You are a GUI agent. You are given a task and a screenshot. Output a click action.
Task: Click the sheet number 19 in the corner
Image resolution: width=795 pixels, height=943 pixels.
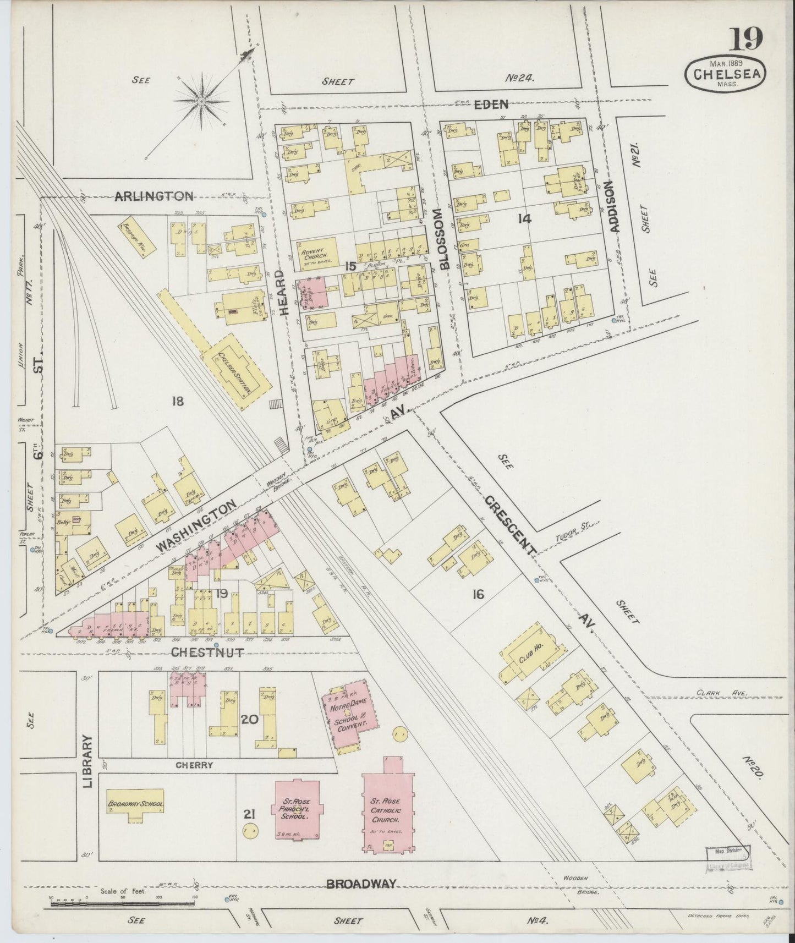pyautogui.click(x=747, y=39)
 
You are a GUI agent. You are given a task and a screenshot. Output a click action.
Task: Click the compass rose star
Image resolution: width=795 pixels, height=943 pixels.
pyautogui.click(x=201, y=101)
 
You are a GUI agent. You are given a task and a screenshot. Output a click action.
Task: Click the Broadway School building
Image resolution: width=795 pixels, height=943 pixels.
pyautogui.click(x=135, y=805)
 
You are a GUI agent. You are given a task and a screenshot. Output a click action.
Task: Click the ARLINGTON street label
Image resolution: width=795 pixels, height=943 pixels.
pyautogui.click(x=154, y=196)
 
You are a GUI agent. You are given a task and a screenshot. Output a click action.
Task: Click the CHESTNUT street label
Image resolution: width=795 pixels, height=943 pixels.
pyautogui.click(x=207, y=653)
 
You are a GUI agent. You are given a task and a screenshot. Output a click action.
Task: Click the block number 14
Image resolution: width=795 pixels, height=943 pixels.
pyautogui.click(x=524, y=219)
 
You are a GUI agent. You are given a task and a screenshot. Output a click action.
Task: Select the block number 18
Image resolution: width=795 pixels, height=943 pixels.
pyautogui.click(x=177, y=401)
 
